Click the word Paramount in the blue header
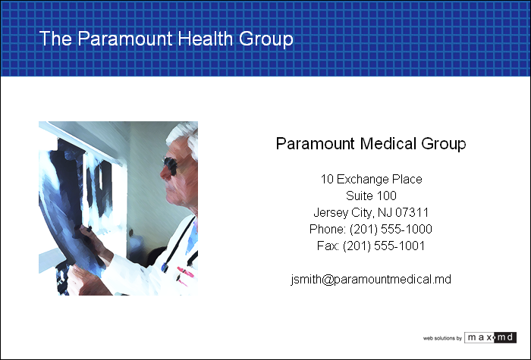[125, 38]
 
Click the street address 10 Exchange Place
[371, 179]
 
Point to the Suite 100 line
[371, 196]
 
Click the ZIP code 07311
[412, 212]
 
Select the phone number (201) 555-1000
[391, 229]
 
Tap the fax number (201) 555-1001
[384, 246]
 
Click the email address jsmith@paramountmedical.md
[371, 280]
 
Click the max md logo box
[490, 337]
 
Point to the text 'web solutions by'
[442, 338]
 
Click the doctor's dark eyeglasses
[171, 166]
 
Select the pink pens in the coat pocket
[184, 274]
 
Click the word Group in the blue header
[266, 39]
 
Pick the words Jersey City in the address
[343, 213]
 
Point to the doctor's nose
[164, 174]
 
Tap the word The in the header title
[55, 38]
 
